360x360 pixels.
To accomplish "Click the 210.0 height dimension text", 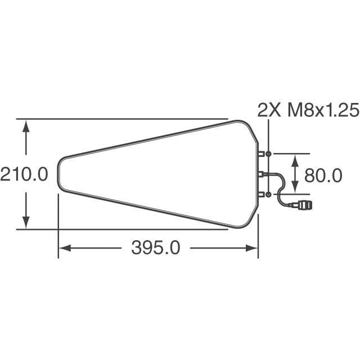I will coord(24,174).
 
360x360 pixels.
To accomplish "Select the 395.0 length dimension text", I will coord(156,248).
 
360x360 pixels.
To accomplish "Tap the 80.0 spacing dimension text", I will coord(323,175).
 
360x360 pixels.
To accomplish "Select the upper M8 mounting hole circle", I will coord(269,154).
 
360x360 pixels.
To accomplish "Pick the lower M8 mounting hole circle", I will coord(269,194).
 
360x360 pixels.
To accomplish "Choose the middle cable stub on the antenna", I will coord(262,174).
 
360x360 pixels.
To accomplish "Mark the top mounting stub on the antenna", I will coord(262,154).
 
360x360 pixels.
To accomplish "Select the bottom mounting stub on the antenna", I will coord(262,194).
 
